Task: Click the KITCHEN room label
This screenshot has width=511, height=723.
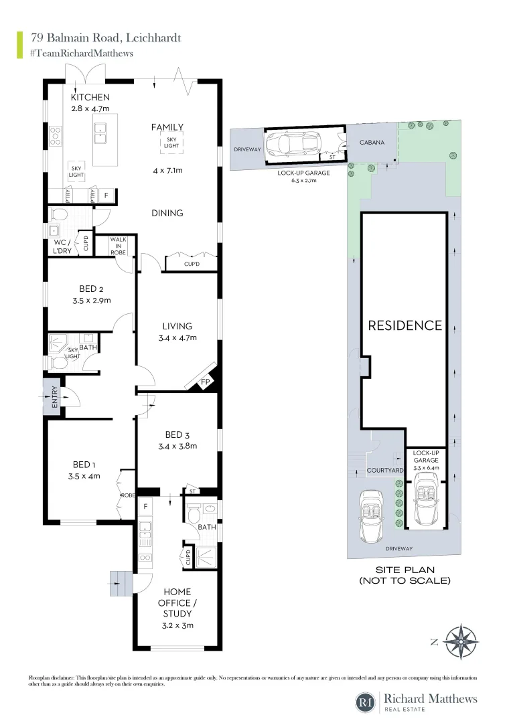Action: click(90, 98)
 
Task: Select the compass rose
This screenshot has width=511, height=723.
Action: click(461, 641)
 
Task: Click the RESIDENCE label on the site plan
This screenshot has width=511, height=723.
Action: click(405, 325)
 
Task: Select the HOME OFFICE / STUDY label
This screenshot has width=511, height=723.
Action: click(177, 602)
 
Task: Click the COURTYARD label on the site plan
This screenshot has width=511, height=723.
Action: click(385, 471)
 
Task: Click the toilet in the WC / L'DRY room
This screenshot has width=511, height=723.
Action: click(58, 214)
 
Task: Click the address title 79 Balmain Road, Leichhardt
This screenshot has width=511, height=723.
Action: click(106, 38)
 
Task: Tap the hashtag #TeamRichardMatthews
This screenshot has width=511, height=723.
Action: click(82, 53)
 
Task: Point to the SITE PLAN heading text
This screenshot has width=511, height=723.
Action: click(405, 570)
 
